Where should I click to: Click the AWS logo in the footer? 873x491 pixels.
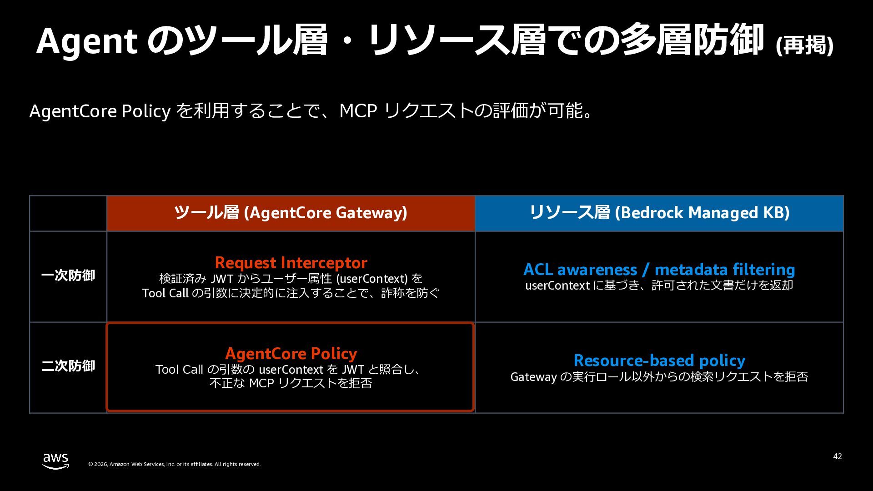coord(56,461)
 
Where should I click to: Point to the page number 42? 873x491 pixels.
coord(838,456)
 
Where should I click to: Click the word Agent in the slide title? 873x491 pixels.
coord(87,42)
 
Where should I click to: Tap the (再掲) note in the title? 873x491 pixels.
coord(804,45)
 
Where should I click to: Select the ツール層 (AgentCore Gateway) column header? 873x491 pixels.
coord(291,213)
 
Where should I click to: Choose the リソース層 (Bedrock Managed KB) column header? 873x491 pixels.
coord(659,213)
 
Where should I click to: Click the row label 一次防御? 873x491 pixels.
coord(68,276)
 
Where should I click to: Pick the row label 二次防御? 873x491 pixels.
coord(68,366)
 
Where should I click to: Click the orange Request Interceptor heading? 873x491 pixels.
coord(291,263)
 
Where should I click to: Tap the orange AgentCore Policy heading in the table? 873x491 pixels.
coord(291,354)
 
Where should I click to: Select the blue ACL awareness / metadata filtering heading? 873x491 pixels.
coord(659,270)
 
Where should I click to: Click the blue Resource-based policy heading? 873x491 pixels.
coord(659,361)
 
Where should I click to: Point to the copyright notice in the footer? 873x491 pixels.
coord(175,464)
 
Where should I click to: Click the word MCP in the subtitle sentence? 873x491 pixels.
coord(358,111)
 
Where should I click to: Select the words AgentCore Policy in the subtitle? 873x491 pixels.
coord(100,111)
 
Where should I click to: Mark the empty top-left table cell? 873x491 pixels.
coord(68,213)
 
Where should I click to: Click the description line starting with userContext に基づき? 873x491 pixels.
coord(659,286)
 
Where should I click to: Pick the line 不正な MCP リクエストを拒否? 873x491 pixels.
coord(291,383)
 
